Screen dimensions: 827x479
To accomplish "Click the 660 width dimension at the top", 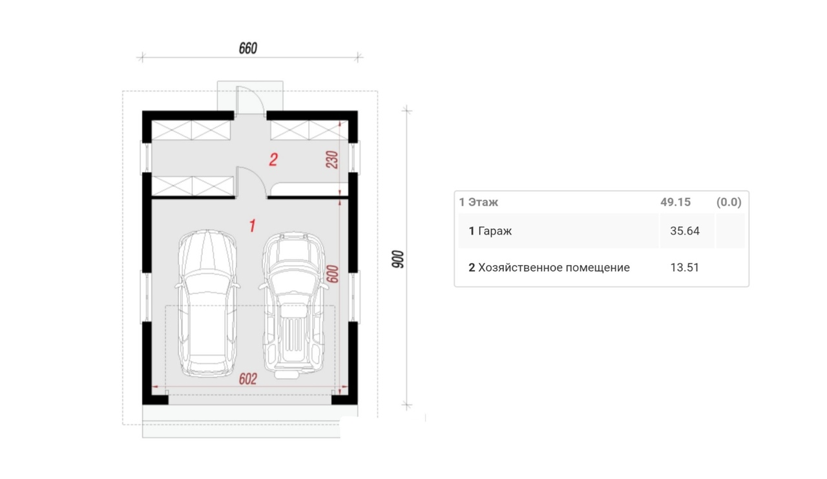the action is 247,48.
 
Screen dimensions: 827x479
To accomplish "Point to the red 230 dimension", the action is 332,160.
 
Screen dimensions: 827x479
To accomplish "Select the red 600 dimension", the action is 333,273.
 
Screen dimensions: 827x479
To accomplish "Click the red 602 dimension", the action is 247,379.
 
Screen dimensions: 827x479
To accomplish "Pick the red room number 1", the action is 253,226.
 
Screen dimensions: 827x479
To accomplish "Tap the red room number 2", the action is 273,160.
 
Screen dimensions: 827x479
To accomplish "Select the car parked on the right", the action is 293,305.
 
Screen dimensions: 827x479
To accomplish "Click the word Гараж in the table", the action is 495,231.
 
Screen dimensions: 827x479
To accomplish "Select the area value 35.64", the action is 685,231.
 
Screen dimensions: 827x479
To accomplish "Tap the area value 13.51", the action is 685,268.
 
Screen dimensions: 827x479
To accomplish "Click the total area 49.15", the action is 675,202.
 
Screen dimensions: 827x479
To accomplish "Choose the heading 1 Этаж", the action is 479,202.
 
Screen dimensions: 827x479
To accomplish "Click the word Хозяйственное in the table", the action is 521,268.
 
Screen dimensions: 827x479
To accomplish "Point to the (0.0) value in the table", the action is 729,202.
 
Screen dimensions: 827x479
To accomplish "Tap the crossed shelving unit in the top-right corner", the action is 309,131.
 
